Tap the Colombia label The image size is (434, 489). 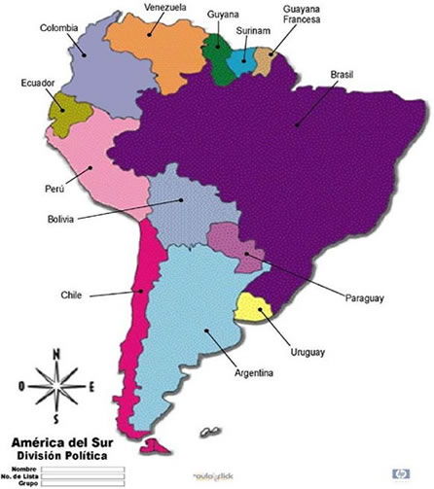59,28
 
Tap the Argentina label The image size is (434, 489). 254,373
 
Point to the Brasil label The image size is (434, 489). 344,74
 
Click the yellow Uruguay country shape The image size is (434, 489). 255,309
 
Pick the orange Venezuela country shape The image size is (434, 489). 156,49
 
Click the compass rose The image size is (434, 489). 57,385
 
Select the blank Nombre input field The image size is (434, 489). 84,468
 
